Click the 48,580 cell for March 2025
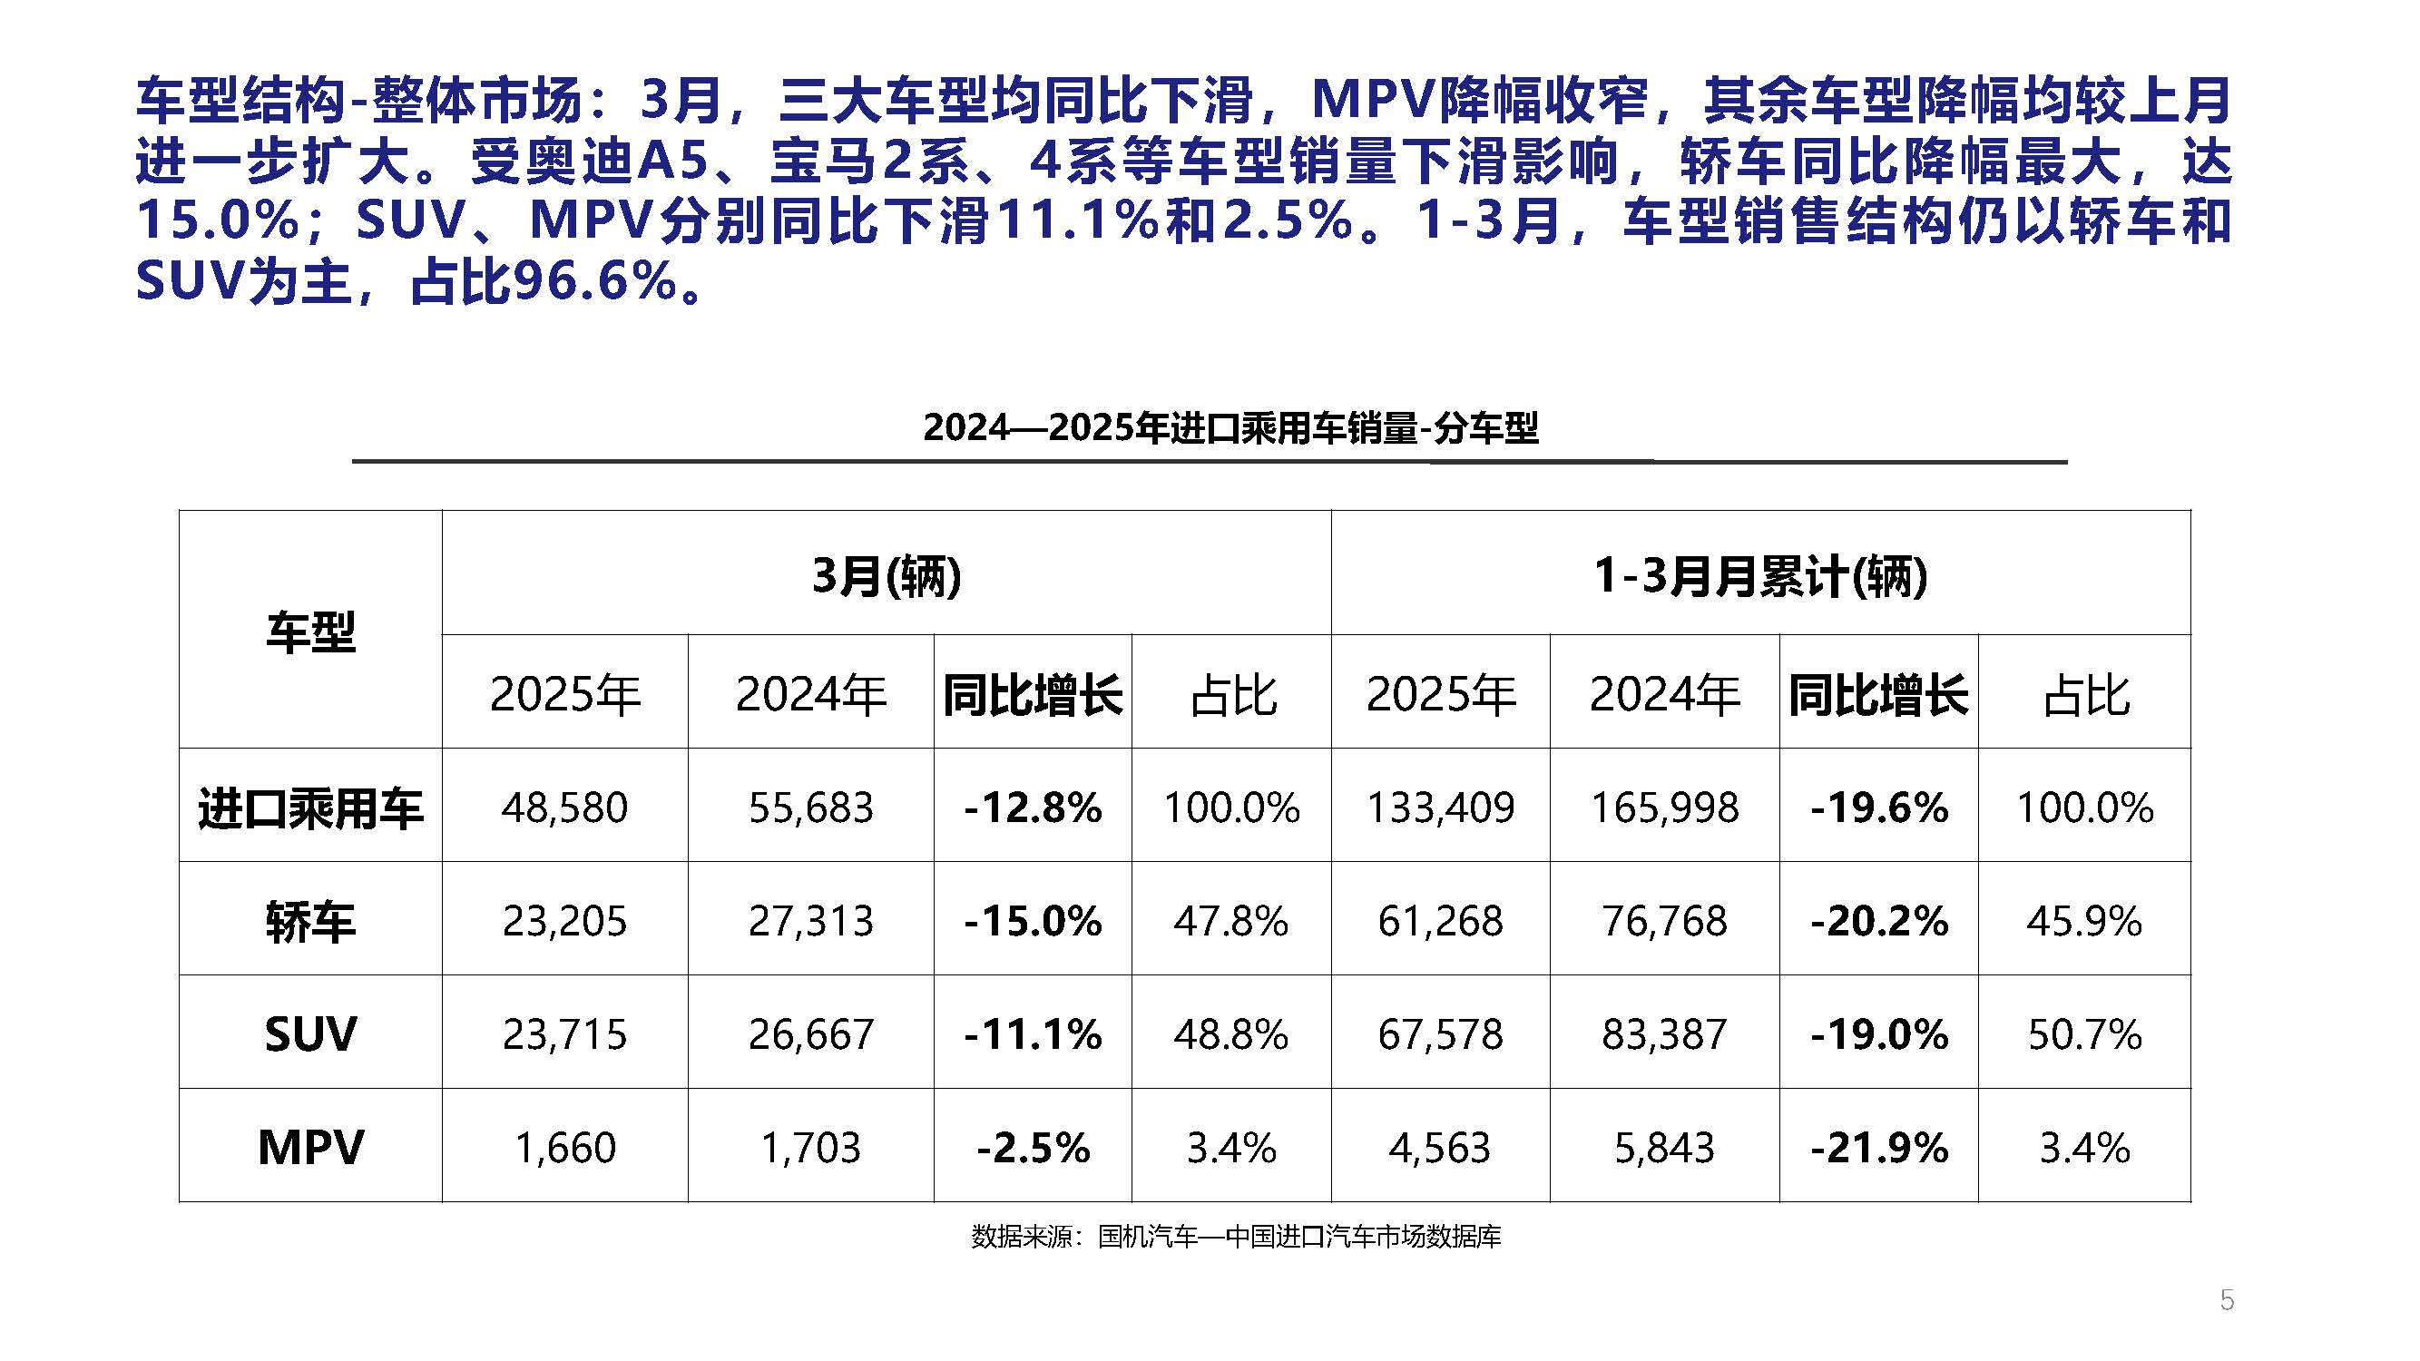click(x=563, y=807)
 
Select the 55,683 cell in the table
click(x=809, y=807)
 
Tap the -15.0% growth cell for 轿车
click(x=1032, y=920)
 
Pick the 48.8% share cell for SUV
click(x=1230, y=1034)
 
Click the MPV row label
click(x=310, y=1147)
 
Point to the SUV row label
click(x=310, y=1034)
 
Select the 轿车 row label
click(x=310, y=920)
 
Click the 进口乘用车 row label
click(x=310, y=808)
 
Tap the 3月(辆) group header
click(x=886, y=575)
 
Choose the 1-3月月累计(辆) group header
click(x=1759, y=575)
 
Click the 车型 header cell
click(x=310, y=632)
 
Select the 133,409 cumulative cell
click(x=1439, y=807)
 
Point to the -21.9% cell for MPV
click(x=1878, y=1148)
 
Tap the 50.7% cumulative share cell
click(x=2083, y=1034)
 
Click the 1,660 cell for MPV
click(x=563, y=1148)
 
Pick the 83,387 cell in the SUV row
click(x=1663, y=1034)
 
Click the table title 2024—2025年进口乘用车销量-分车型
click(x=1230, y=427)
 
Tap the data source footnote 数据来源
click(x=1235, y=1236)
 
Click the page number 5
click(x=2226, y=1300)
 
